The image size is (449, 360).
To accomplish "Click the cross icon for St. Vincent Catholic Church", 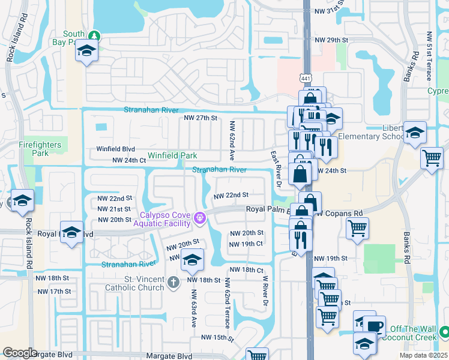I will click(173, 282).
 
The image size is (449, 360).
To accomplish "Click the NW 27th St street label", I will click(200, 118).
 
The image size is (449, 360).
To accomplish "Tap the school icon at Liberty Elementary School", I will click(414, 134).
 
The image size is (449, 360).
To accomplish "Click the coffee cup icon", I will click(375, 327).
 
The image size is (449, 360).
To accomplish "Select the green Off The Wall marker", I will click(444, 331).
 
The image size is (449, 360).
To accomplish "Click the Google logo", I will click(20, 353).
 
